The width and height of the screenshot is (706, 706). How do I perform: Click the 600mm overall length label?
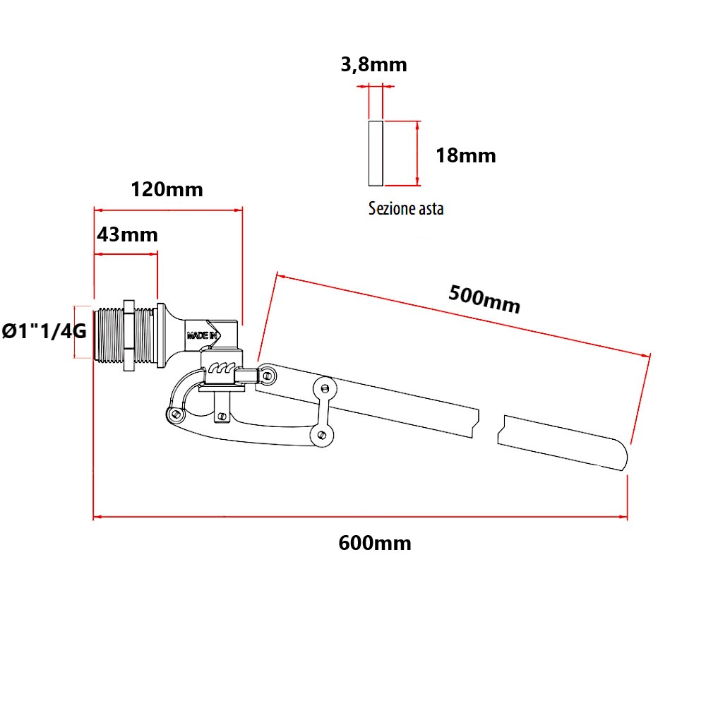[374, 544]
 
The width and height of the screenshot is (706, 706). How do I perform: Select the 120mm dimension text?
[167, 189]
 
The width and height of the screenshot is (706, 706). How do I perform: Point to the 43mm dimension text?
[127, 234]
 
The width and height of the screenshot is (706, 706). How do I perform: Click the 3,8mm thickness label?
[373, 66]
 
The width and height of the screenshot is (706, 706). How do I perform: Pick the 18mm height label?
[465, 155]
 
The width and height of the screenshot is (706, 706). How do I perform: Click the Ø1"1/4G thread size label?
[45, 330]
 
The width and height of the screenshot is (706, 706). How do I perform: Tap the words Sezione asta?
[406, 209]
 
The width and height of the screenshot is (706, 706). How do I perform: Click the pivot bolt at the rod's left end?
[268, 375]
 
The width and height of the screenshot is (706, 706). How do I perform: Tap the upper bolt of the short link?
[324, 388]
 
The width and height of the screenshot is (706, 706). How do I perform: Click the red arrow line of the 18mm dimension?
[418, 153]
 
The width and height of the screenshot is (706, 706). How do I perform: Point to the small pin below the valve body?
[222, 416]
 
